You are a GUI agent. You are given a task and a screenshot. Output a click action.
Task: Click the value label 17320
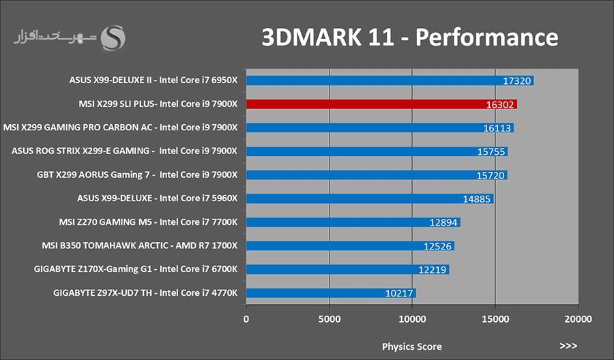(516, 80)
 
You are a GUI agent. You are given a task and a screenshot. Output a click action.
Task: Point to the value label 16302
(499, 104)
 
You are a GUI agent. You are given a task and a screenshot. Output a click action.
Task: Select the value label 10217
(398, 293)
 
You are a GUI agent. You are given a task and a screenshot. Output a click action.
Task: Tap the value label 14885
(476, 198)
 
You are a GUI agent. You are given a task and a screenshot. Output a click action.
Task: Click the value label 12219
(432, 269)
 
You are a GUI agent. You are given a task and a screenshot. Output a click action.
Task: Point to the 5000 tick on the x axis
(329, 318)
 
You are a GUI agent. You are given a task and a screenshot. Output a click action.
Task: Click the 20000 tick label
(578, 318)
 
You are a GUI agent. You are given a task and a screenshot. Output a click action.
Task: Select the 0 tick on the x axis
(246, 318)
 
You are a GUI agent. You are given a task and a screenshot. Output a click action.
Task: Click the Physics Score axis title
(411, 346)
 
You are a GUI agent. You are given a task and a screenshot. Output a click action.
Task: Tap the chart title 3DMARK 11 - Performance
(410, 37)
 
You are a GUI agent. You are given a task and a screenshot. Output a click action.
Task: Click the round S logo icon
(113, 38)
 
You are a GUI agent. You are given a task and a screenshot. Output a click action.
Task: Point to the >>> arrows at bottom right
(568, 346)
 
